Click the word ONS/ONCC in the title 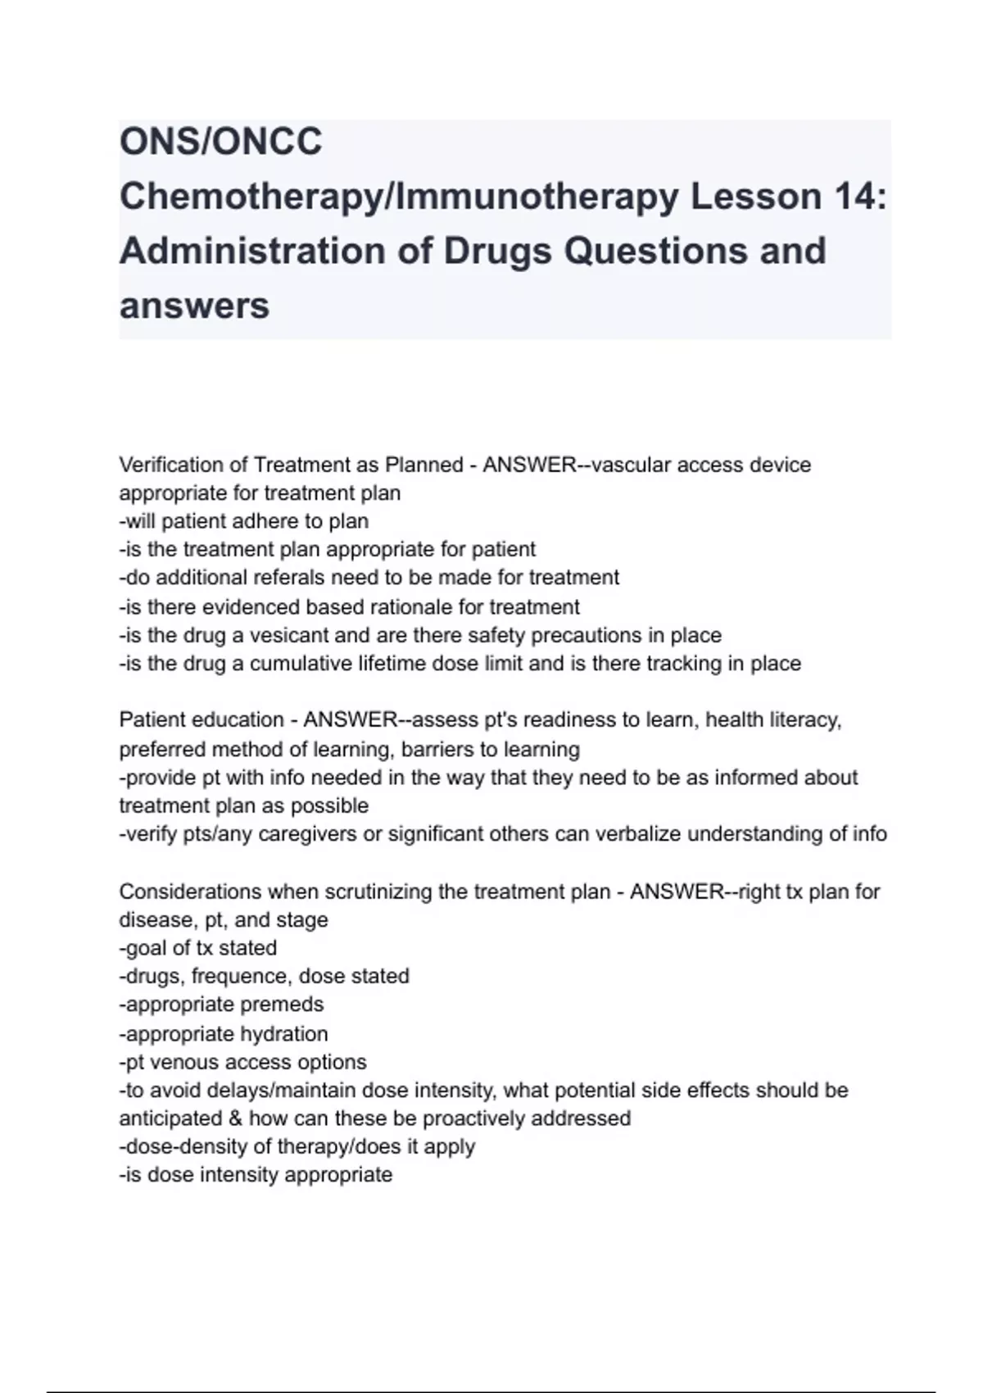click(x=221, y=142)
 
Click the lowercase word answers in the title click(x=194, y=306)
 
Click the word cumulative click(x=301, y=663)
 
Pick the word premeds click(x=283, y=1004)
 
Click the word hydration click(x=283, y=1033)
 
